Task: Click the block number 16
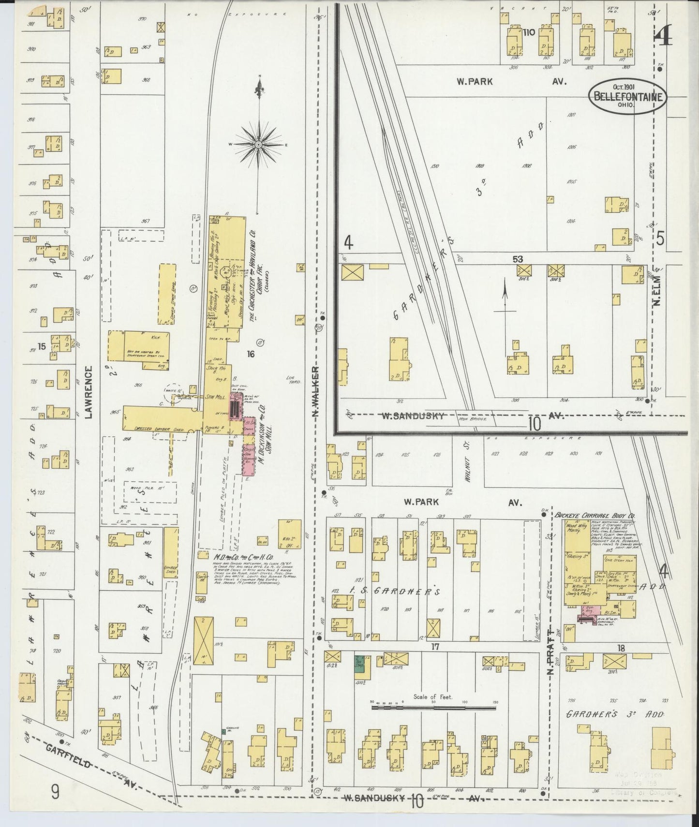(x=250, y=354)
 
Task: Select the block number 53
(x=519, y=259)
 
